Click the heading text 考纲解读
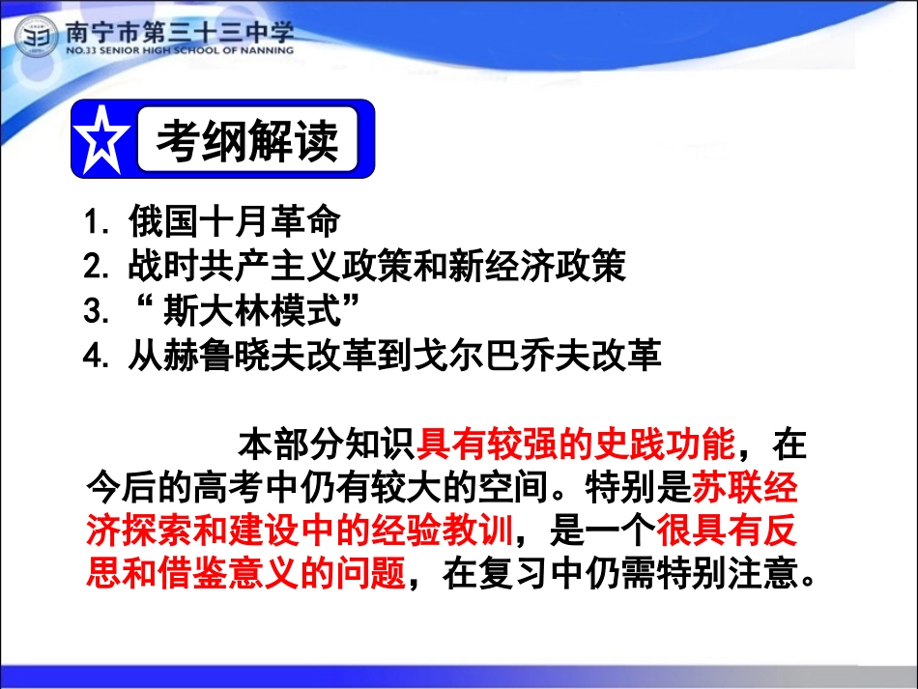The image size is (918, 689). pos(248,141)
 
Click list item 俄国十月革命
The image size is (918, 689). pos(234,222)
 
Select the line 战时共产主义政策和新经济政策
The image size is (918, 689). pos(377,267)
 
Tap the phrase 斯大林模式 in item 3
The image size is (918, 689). pos(244,311)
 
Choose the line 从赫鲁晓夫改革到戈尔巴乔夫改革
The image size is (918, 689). pos(394,356)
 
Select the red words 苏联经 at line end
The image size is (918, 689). pos(745,489)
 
